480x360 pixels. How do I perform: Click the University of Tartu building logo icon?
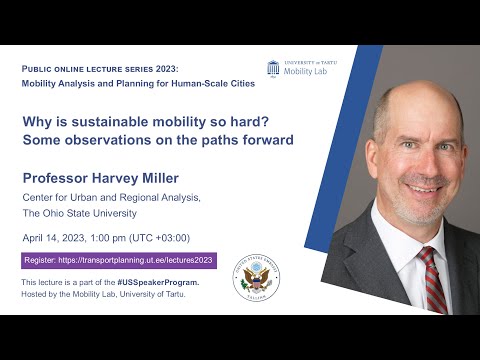pyautogui.click(x=273, y=68)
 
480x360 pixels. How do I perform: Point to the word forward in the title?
pyautogui.click(x=268, y=140)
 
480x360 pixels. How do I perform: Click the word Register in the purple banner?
pyautogui.click(x=43, y=261)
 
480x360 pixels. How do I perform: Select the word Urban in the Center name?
pyautogui.click(x=88, y=198)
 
